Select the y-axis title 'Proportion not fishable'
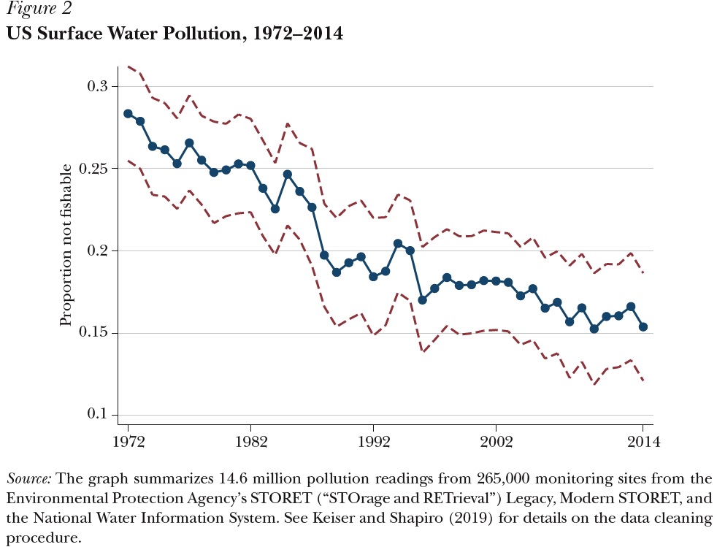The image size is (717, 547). [x=66, y=245]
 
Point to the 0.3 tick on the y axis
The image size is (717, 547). [x=98, y=86]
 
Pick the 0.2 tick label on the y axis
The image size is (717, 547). [x=98, y=250]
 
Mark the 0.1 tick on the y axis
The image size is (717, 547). [x=98, y=415]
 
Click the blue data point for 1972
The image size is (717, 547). [x=128, y=114]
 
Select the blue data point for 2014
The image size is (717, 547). [x=643, y=327]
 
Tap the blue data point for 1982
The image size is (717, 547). [x=250, y=165]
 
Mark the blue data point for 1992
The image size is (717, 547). [x=373, y=277]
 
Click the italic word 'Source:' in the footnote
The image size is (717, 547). [x=29, y=480]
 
